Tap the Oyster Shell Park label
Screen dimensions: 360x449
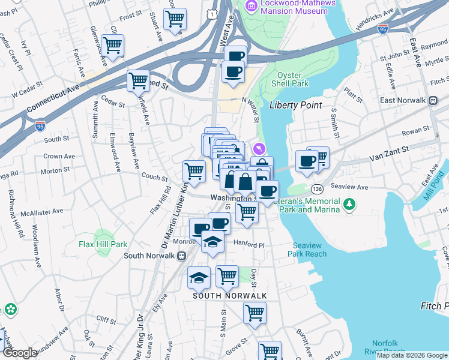[292, 79]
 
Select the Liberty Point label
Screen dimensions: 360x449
[295, 105]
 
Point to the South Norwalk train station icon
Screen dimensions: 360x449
[181, 256]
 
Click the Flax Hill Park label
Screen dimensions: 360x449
[103, 244]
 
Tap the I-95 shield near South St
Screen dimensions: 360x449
[40, 126]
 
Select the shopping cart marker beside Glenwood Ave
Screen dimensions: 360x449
[112, 44]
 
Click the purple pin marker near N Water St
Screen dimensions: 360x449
[259, 148]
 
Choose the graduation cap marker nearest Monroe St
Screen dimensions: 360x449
[212, 242]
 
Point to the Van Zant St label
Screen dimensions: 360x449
[388, 155]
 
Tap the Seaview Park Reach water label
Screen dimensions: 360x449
[310, 250]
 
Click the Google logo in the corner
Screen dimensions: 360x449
[20, 353]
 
